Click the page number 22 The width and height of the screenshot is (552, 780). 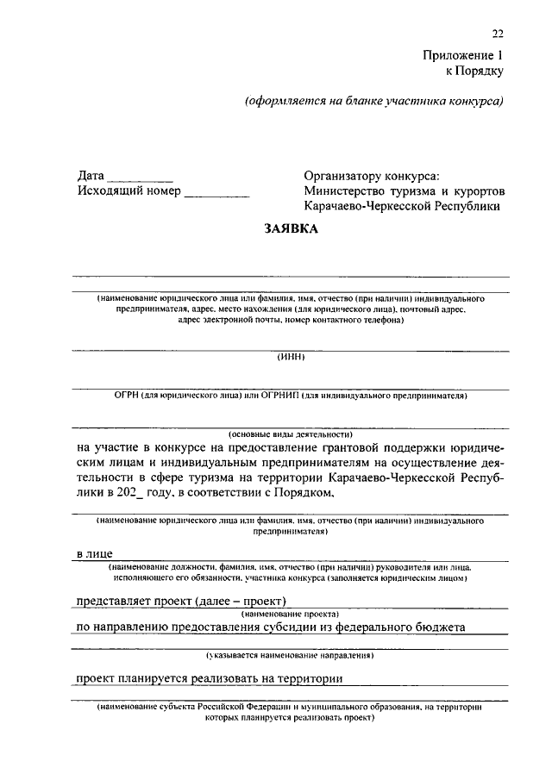[x=498, y=34]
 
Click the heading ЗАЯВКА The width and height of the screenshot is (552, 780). [x=292, y=229]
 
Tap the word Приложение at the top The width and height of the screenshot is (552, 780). [x=457, y=53]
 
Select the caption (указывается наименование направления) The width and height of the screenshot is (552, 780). [x=291, y=656]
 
